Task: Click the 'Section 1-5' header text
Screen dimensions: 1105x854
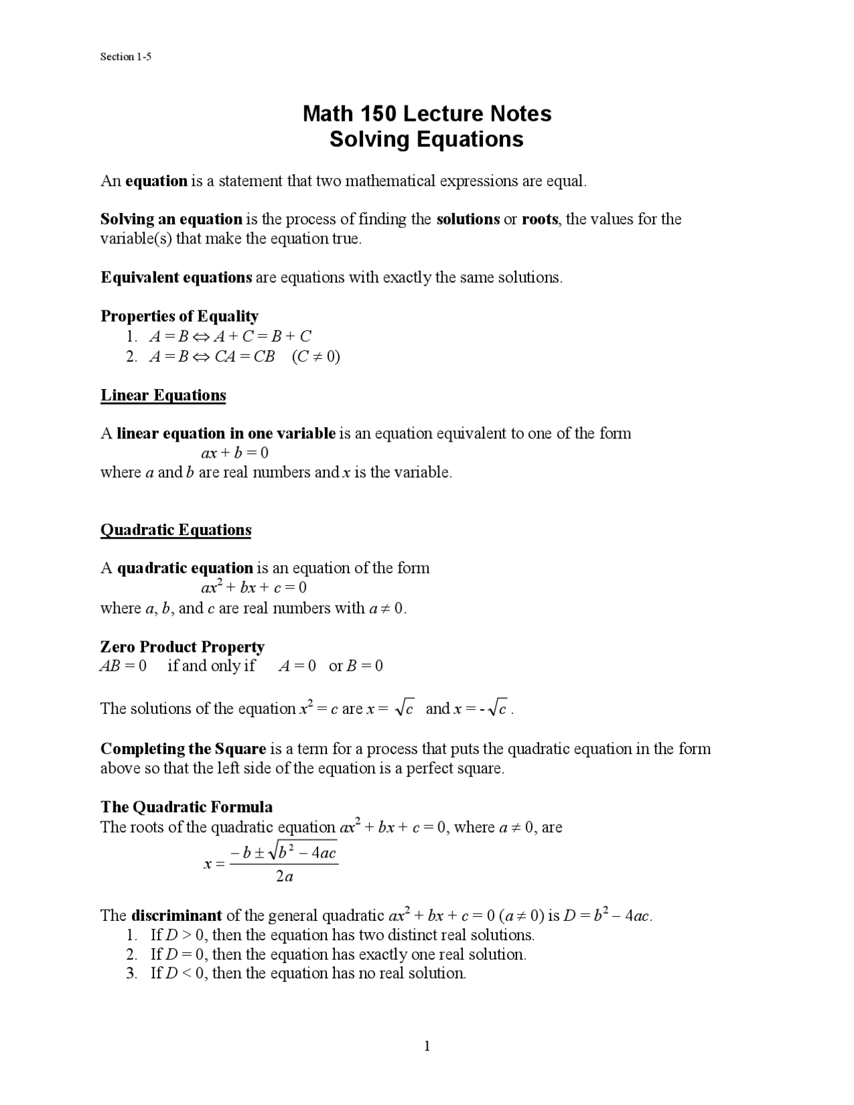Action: [125, 57]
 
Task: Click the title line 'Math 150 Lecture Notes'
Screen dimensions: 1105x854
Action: [427, 113]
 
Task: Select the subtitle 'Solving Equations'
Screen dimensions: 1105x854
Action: [427, 139]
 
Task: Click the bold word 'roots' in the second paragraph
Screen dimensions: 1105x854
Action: [540, 219]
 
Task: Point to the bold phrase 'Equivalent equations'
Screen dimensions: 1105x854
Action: [176, 277]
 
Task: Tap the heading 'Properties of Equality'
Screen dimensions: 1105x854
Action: [179, 316]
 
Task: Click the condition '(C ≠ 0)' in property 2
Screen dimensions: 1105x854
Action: [316, 356]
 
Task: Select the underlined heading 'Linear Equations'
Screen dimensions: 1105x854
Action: [163, 395]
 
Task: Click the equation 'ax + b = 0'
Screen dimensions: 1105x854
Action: [235, 453]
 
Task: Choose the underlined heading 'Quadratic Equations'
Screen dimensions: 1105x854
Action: [175, 530]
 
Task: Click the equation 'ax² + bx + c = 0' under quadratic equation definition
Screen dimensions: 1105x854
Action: [254, 588]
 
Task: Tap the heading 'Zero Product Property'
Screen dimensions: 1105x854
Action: [182, 647]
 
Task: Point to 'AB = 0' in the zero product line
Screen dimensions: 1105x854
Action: [123, 666]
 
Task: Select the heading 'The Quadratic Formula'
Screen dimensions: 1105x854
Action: [186, 807]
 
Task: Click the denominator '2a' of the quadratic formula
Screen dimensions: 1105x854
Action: [284, 877]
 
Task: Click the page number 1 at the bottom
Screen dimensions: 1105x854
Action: [427, 1046]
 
